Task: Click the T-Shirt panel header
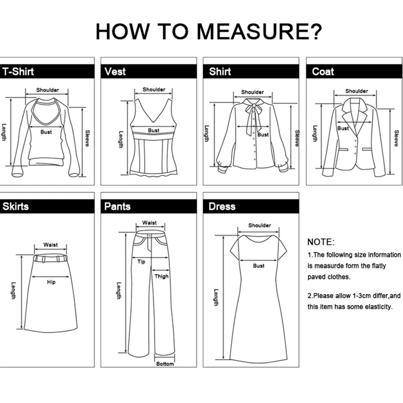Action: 18,72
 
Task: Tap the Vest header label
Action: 115,72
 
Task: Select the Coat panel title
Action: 323,72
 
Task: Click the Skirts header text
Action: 16,207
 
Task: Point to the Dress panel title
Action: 222,207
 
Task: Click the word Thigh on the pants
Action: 161,276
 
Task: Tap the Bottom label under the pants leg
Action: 165,364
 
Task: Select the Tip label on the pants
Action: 141,261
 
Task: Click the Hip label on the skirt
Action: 51,282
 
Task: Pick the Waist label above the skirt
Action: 50,245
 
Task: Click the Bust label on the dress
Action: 258,266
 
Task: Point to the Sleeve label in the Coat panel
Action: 396,138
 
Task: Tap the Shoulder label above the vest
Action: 154,90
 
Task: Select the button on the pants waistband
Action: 150,236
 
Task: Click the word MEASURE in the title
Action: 259,32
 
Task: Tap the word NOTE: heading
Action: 321,242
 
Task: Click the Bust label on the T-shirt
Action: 46,132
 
